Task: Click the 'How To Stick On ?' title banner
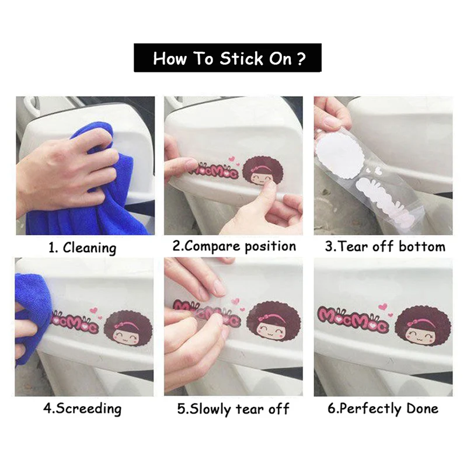228,58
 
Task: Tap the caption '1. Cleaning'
82,248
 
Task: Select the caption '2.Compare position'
235,246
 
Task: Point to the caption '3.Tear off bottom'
385,246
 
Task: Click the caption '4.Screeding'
82,408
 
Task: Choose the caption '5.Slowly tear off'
233,409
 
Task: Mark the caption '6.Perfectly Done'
383,408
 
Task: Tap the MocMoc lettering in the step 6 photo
353,319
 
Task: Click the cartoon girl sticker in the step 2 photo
262,173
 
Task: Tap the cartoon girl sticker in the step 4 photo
128,329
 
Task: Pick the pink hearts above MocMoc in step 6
385,309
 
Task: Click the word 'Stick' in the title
242,58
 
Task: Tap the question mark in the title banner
301,59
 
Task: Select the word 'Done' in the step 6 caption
422,408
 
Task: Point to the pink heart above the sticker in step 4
95,311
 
